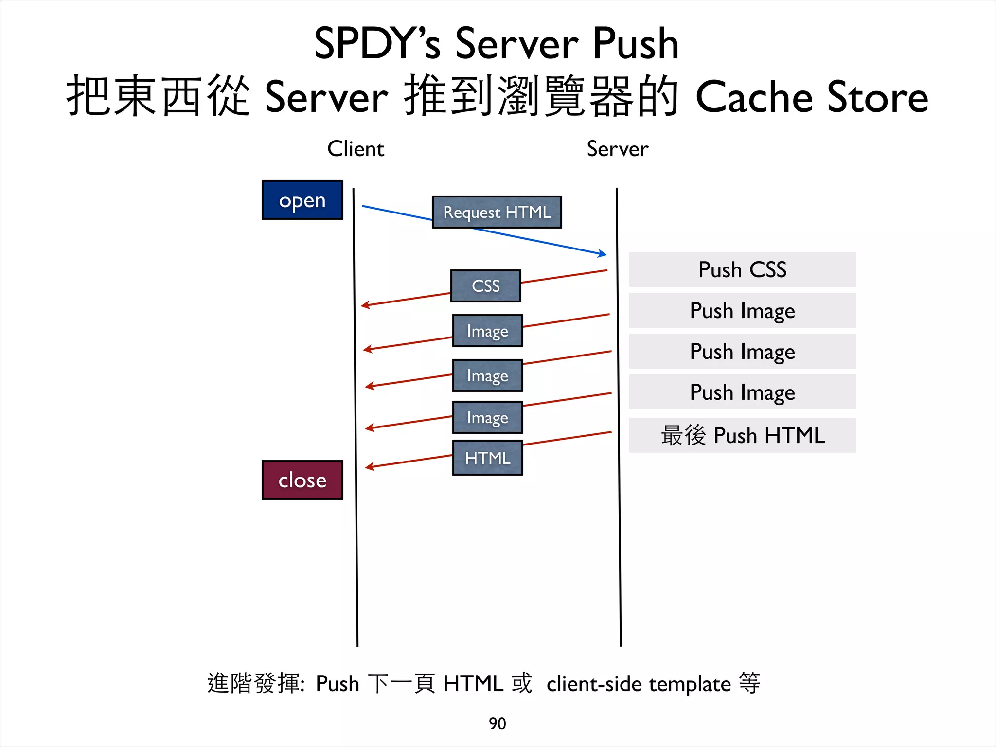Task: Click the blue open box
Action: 302,200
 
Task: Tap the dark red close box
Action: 302,480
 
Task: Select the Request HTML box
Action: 497,212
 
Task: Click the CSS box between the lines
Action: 485,286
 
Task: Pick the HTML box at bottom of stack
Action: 487,458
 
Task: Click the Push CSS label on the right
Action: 742,269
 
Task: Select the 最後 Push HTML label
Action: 742,435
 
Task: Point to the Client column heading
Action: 356,149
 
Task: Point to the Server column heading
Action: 617,149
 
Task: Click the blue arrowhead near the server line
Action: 603,253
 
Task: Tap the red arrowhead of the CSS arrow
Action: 365,305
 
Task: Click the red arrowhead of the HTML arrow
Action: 369,467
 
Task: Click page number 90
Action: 497,724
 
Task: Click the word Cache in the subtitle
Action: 754,97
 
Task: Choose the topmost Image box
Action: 487,331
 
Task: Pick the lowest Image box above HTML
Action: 487,417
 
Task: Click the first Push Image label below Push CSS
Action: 742,310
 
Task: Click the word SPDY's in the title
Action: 377,44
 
